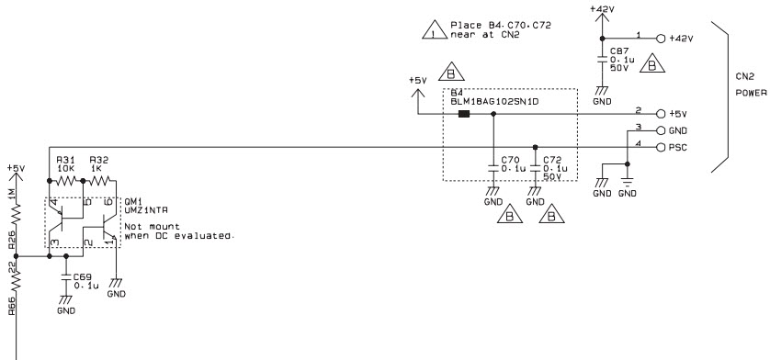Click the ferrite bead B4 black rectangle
click(464, 114)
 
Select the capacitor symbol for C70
click(493, 168)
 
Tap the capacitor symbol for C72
click(536, 168)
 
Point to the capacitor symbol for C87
click(602, 59)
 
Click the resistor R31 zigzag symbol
click(66, 181)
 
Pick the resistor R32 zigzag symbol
click(99, 181)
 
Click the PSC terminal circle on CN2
click(661, 147)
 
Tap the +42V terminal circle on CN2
click(661, 39)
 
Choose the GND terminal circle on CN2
click(661, 130)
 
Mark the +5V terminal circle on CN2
click(661, 114)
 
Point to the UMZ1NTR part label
click(146, 209)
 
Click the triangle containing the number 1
click(434, 30)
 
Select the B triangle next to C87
click(652, 64)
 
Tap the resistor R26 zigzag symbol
click(16, 214)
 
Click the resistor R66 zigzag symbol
click(16, 280)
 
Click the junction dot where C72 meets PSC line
click(536, 147)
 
